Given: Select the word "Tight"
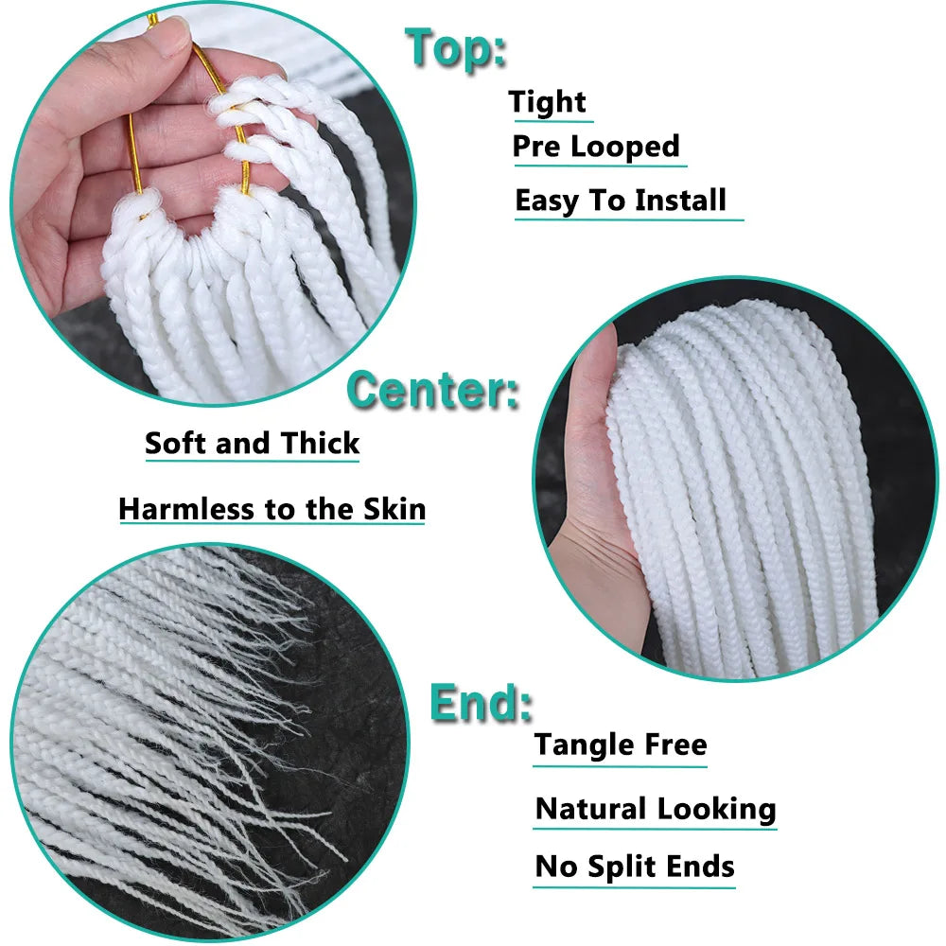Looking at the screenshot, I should pyautogui.click(x=548, y=102).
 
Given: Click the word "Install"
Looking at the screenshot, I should pyautogui.click(x=680, y=201).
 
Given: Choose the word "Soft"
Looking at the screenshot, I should pyautogui.click(x=177, y=443).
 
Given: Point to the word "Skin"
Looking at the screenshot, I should pyautogui.click(x=394, y=509).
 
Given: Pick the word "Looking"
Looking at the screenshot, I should pyautogui.click(x=717, y=810).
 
